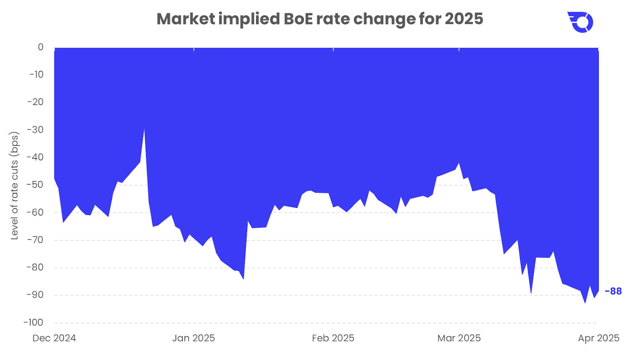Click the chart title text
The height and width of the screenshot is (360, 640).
[x=320, y=19]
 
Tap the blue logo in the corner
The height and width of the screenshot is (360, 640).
[x=580, y=22]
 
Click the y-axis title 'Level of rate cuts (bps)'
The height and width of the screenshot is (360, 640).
[x=15, y=186]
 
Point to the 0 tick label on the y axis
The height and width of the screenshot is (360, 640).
[x=40, y=47]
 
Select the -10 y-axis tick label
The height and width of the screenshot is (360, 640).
[x=36, y=74]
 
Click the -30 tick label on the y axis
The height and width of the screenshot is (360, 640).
[x=36, y=130]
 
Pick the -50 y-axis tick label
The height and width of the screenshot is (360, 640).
[x=36, y=185]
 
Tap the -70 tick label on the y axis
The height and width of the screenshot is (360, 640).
[x=36, y=240]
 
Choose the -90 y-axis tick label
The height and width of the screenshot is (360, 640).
[x=36, y=295]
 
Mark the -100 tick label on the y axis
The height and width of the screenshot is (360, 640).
[x=34, y=322]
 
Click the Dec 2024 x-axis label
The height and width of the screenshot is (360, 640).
[x=54, y=338]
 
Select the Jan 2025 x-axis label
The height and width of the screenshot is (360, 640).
[x=194, y=338]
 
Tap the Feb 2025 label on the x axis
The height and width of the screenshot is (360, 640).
[x=333, y=338]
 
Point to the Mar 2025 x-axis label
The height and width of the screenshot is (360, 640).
[x=459, y=338]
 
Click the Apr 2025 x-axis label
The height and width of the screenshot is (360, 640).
[x=598, y=338]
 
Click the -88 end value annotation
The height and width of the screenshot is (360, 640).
[x=613, y=291]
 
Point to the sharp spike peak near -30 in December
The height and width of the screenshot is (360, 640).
[x=144, y=129]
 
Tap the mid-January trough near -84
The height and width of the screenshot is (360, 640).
[x=244, y=279]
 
